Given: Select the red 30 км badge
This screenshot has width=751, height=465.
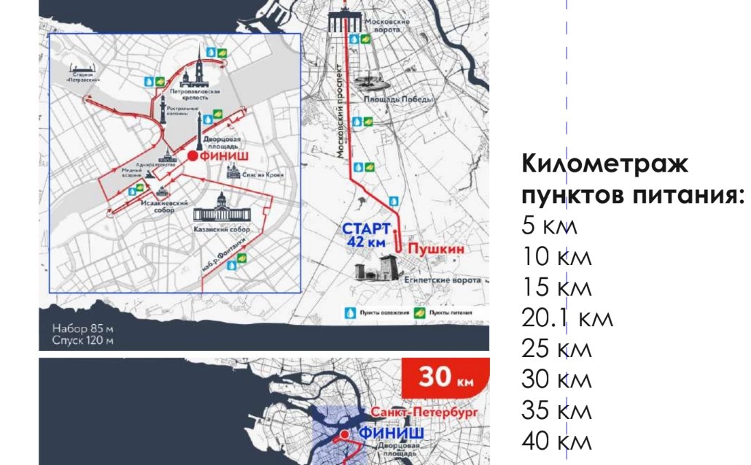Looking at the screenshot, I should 444,377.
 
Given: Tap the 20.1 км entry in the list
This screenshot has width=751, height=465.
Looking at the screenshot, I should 567,318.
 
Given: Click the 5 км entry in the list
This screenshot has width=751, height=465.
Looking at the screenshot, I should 549,226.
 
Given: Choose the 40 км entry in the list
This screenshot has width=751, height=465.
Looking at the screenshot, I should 556,441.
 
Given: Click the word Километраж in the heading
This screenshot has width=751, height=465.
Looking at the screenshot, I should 604,164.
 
